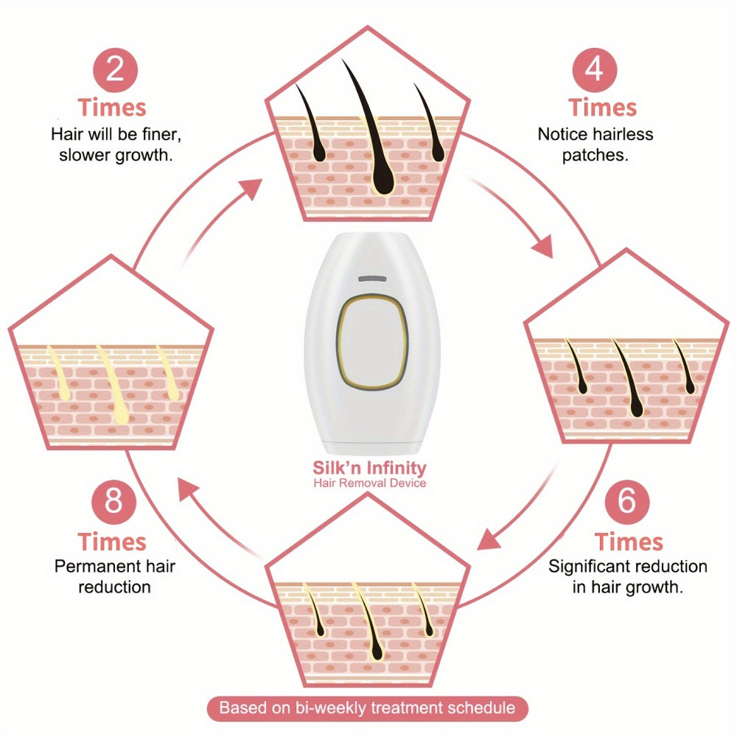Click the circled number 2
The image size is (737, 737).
[113, 69]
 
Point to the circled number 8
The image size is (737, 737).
[113, 503]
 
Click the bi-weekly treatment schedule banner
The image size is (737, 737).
[366, 708]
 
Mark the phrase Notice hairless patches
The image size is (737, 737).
[595, 144]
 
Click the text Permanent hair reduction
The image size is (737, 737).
[113, 576]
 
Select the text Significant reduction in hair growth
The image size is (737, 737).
[627, 576]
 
